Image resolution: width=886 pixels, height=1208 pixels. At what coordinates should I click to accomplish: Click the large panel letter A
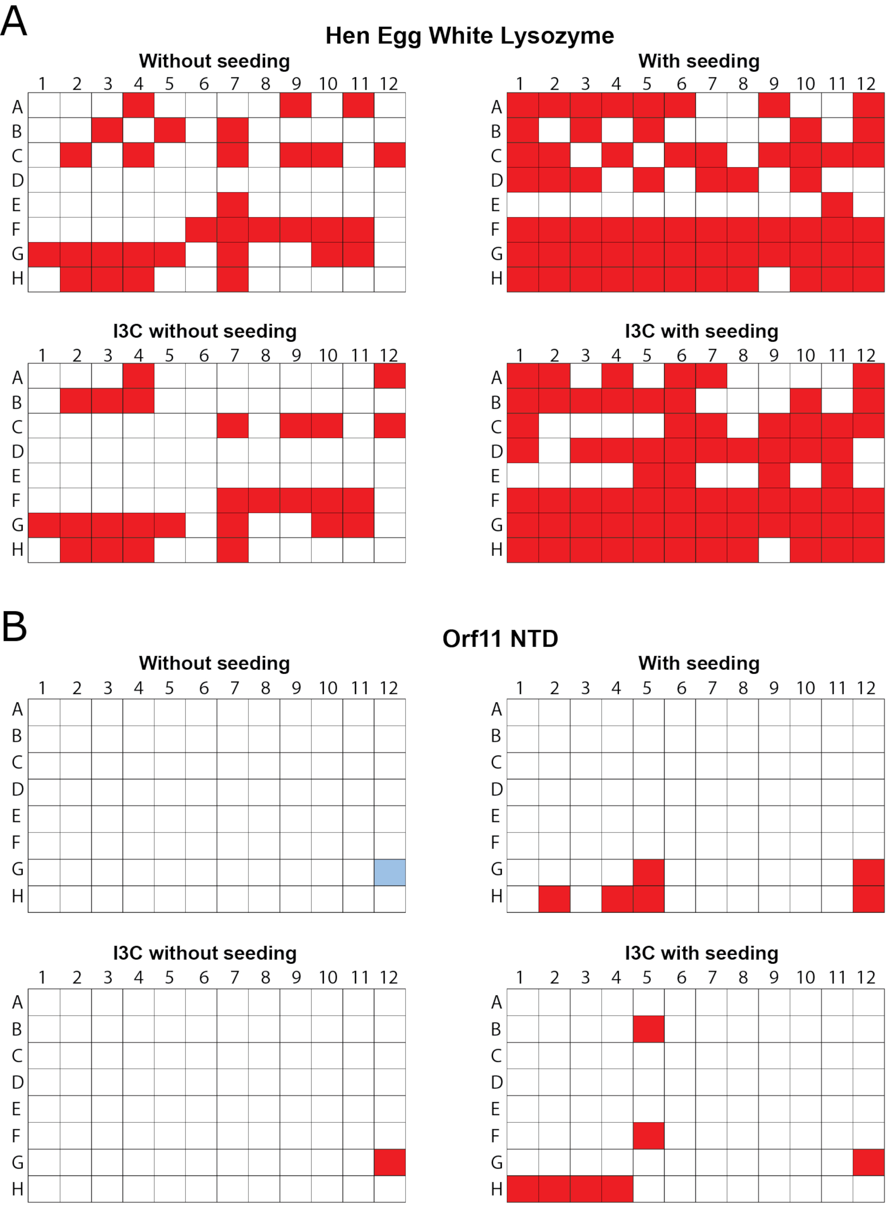pos(14,22)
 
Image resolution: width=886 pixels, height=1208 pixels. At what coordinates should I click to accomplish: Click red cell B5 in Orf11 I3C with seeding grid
pos(649,1029)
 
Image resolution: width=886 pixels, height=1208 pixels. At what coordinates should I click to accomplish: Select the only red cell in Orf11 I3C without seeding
pos(390,1162)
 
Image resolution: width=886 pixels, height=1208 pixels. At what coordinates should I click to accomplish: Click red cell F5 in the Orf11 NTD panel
pos(649,1136)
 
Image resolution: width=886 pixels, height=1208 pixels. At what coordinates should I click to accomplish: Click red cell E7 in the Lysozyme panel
pos(233,204)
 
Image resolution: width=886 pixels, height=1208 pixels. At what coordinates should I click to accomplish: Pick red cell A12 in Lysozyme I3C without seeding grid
pos(390,375)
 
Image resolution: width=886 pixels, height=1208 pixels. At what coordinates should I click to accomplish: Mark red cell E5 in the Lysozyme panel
pos(649,475)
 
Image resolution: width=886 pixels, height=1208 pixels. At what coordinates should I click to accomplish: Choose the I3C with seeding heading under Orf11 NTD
pos(701,953)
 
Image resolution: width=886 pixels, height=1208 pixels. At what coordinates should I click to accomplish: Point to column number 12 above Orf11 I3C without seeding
pos(389,977)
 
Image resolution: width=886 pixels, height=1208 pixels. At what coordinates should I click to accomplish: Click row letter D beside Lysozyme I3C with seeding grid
pos(497,451)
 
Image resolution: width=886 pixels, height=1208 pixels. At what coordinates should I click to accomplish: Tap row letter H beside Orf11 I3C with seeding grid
pos(497,1189)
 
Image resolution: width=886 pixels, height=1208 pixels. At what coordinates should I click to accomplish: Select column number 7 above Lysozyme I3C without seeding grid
pos(234,355)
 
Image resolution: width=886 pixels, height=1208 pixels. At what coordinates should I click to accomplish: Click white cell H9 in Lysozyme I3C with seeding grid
pos(774,550)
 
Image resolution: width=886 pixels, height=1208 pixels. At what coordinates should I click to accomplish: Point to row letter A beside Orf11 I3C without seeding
pos(17,1002)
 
